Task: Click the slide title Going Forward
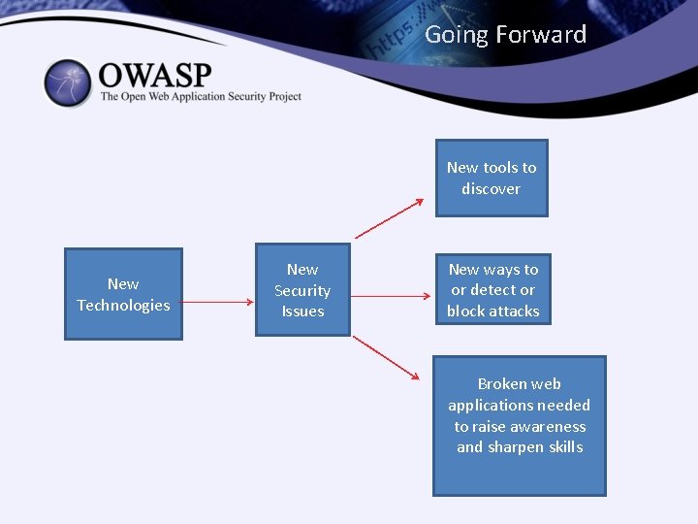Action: (506, 35)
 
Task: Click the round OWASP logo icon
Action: (67, 83)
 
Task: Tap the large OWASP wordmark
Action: (155, 74)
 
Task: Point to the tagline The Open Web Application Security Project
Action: (201, 96)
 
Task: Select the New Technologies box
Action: (123, 294)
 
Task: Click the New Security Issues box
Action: (302, 290)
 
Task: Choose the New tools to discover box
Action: (491, 178)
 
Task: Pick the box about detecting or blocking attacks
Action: (492, 290)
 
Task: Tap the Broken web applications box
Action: (519, 425)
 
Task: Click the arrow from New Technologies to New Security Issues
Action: (218, 302)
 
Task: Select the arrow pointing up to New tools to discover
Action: (389, 218)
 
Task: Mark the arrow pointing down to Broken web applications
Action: (386, 358)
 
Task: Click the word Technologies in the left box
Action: (123, 306)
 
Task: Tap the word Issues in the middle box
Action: (302, 311)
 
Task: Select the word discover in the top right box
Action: (491, 189)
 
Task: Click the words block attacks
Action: (492, 311)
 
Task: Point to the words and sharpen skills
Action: (520, 447)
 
